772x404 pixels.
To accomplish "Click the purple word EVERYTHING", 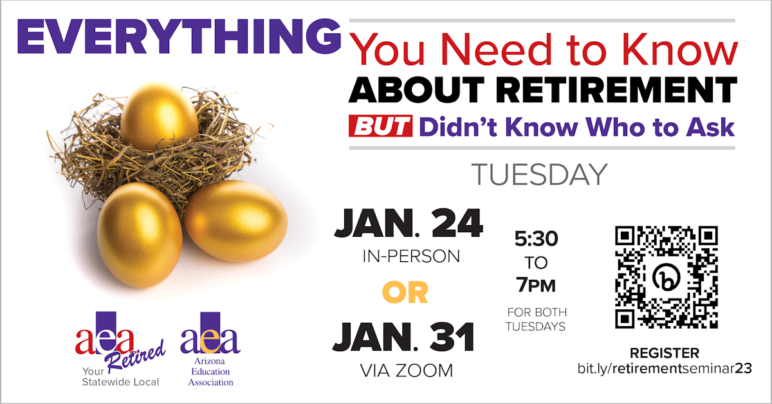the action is pyautogui.click(x=179, y=37).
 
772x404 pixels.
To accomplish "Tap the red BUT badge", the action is pyautogui.click(x=380, y=126).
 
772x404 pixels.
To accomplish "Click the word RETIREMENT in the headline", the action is pyautogui.click(x=616, y=89).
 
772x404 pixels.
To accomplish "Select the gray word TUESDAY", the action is pyautogui.click(x=539, y=175).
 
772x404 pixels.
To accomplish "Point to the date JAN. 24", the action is pyautogui.click(x=409, y=223).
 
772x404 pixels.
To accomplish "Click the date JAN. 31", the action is pyautogui.click(x=403, y=337).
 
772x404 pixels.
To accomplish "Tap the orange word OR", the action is pyautogui.click(x=405, y=293).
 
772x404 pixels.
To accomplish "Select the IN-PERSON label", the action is pyautogui.click(x=411, y=257).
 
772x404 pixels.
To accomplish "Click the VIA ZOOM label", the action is pyautogui.click(x=407, y=371).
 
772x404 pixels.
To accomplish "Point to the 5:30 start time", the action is pyautogui.click(x=537, y=239).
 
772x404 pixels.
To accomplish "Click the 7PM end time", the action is pyautogui.click(x=536, y=285).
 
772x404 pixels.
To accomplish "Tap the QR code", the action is pyautogui.click(x=666, y=277).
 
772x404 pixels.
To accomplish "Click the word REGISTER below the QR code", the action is pyautogui.click(x=665, y=353).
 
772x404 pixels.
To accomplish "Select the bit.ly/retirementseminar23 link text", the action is pyautogui.click(x=665, y=369).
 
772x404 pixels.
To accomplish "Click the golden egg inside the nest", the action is pyautogui.click(x=160, y=116).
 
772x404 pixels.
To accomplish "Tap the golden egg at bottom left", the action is pyautogui.click(x=140, y=235).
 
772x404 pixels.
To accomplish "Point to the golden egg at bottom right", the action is pyautogui.click(x=236, y=221).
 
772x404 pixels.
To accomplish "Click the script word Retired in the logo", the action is pyautogui.click(x=136, y=357).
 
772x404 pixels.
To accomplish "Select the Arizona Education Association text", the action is pyautogui.click(x=210, y=372).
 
